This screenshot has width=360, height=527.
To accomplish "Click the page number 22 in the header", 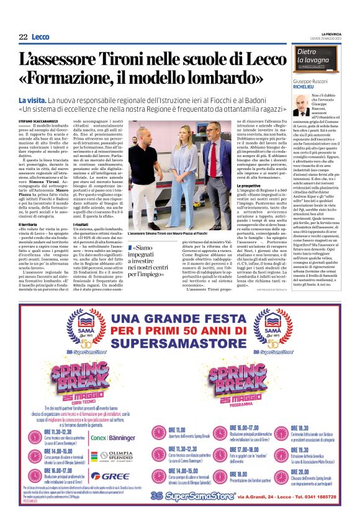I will click(x=23, y=37).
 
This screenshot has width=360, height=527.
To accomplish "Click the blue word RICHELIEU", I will click(x=305, y=88).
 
